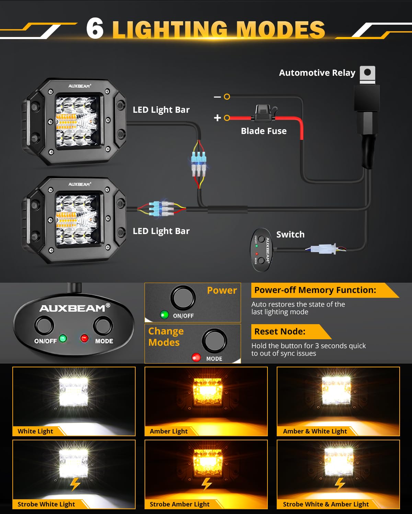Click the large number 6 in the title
point(95,28)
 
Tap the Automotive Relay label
point(317,73)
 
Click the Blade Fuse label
point(264,131)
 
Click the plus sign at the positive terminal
point(217,118)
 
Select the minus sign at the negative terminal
point(217,97)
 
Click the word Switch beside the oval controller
point(290,234)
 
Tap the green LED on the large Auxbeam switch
point(63,338)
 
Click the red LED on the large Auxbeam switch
point(84,338)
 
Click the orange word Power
point(222,290)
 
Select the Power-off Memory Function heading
point(315,290)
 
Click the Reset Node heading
point(279,331)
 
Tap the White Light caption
point(35,431)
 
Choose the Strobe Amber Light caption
point(180,504)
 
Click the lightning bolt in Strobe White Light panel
point(75,484)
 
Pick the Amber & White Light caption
point(315,431)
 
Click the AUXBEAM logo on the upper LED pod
point(79,86)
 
